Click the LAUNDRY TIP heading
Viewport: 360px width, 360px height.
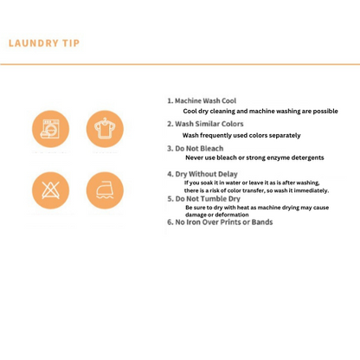click(44, 43)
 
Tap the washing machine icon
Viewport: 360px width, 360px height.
click(50, 129)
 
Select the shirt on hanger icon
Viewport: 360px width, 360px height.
click(105, 129)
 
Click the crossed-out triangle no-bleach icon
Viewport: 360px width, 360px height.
click(50, 190)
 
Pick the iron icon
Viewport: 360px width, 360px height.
click(105, 190)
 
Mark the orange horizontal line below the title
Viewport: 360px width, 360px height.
click(180, 64)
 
